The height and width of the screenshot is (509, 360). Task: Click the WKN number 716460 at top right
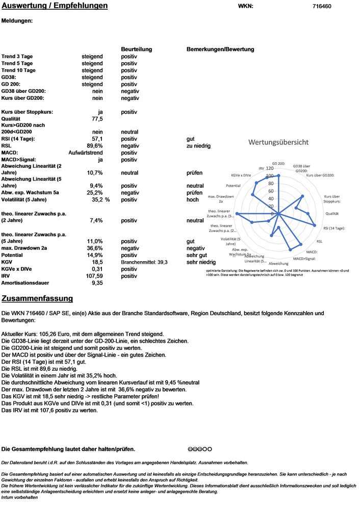click(321, 7)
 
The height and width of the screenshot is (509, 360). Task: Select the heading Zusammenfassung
click(37, 298)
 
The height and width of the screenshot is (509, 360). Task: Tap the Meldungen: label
click(17, 21)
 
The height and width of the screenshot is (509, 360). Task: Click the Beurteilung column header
click(136, 49)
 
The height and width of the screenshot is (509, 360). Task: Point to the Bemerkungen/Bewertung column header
click(220, 49)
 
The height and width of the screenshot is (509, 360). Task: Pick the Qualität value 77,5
click(97, 119)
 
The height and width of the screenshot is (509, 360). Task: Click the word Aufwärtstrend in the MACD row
click(86, 152)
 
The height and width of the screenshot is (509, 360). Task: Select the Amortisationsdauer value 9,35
click(97, 283)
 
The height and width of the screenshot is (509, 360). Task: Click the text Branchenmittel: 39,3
click(144, 262)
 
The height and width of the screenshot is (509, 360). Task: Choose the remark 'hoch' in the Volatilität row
click(192, 200)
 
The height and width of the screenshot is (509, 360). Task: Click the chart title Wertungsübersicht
click(278, 142)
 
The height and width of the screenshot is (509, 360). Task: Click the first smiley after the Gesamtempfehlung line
click(190, 449)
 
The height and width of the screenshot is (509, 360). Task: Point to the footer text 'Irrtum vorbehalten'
click(19, 497)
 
